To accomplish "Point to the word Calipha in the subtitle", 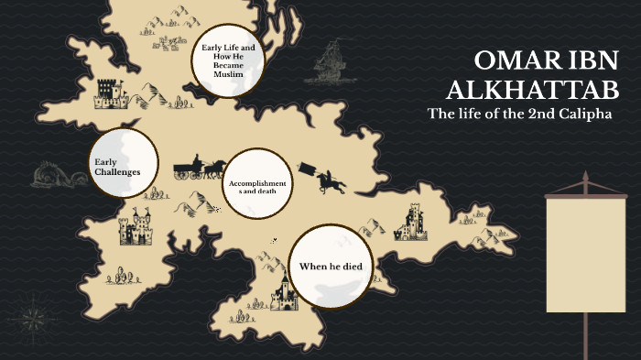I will [584, 114].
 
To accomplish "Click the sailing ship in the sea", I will [331, 61].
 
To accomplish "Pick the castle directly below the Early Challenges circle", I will [136, 226].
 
